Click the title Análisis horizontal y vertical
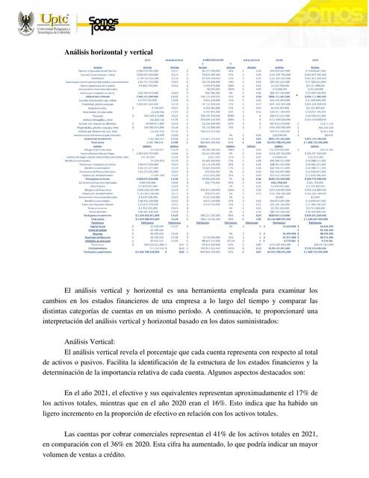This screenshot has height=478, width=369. pos(104,49)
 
